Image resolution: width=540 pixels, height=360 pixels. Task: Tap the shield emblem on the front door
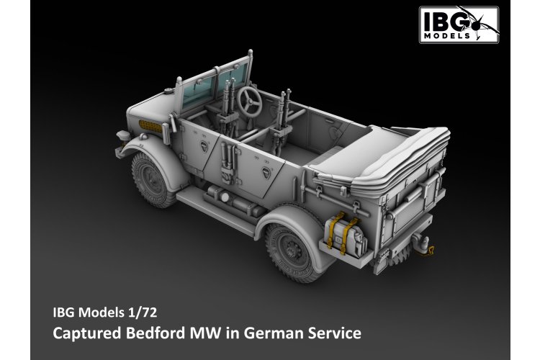pos(205,146)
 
